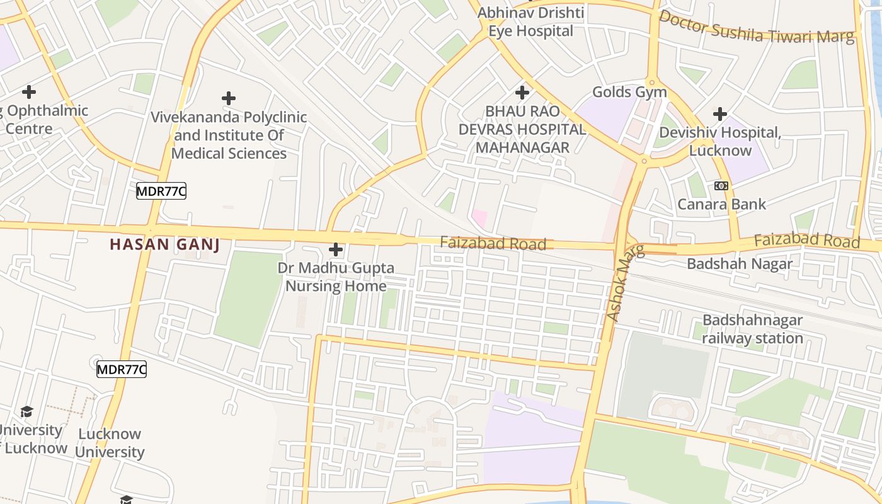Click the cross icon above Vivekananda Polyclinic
[x=229, y=98]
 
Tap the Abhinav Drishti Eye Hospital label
[x=531, y=22]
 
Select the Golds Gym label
[x=629, y=92]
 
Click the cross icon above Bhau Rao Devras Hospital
[x=522, y=93]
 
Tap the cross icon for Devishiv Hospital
[x=720, y=114]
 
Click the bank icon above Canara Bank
[x=721, y=186]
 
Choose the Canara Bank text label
[x=721, y=204]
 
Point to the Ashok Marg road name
[x=625, y=283]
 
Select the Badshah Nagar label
[x=740, y=263]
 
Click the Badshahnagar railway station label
[x=752, y=329]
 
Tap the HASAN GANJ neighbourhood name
[x=165, y=244]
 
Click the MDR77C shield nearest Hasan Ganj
[x=161, y=191]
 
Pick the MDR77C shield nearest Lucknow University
[x=122, y=369]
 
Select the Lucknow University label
[x=110, y=443]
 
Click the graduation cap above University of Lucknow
[x=26, y=412]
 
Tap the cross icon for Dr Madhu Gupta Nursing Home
[x=336, y=250]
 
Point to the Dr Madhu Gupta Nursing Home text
[x=336, y=277]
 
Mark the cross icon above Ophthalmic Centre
[x=29, y=93]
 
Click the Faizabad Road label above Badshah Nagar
[x=806, y=240]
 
